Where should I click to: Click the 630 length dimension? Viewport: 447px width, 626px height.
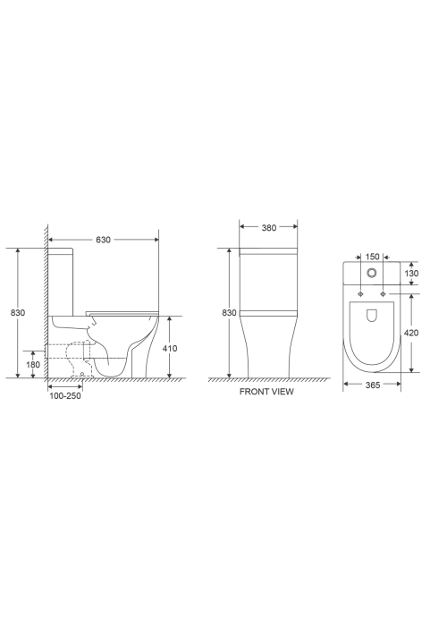[x=103, y=240]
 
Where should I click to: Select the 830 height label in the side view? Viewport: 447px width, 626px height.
[x=18, y=313]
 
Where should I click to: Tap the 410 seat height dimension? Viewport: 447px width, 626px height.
[x=170, y=348]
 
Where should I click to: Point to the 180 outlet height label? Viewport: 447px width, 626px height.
[x=33, y=364]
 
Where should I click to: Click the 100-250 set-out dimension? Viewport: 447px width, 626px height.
[x=65, y=395]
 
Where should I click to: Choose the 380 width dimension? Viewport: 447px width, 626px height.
[x=268, y=227]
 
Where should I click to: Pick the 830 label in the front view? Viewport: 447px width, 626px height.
[x=229, y=313]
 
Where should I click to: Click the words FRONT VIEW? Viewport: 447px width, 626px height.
[x=266, y=392]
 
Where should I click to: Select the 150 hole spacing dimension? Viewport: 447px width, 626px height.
[x=372, y=257]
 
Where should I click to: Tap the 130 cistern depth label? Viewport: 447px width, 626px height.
[x=411, y=273]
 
